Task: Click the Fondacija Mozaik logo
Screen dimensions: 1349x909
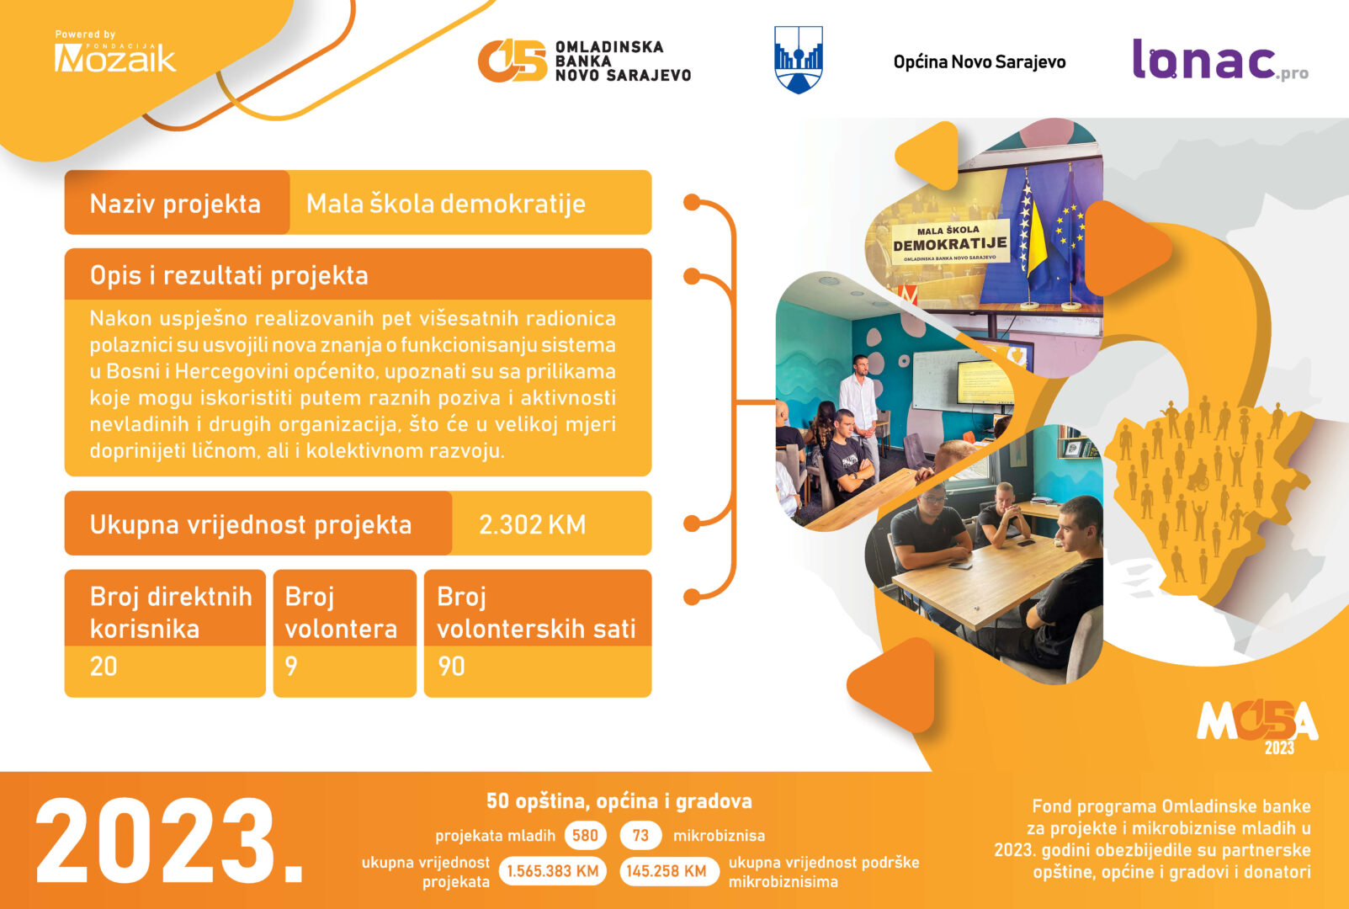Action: click(115, 52)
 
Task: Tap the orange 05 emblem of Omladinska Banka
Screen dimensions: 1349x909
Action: click(512, 61)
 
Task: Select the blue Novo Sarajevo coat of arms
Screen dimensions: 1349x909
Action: click(799, 60)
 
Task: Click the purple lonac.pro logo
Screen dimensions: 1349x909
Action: click(1220, 60)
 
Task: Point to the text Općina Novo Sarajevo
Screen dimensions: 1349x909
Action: click(980, 62)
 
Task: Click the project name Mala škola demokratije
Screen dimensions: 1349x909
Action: click(446, 204)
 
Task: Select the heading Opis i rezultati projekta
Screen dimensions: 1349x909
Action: click(229, 275)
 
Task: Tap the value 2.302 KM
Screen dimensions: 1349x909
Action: click(533, 524)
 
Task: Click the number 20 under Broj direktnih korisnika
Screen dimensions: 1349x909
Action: click(104, 667)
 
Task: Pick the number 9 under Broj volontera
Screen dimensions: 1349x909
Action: click(291, 667)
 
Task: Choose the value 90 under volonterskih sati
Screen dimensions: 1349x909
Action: click(451, 667)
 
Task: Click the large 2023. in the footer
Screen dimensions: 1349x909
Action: click(169, 841)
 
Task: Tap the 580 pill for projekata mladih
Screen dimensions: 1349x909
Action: click(585, 835)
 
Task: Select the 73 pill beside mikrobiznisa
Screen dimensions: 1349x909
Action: click(640, 835)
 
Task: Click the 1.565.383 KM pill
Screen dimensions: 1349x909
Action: click(552, 871)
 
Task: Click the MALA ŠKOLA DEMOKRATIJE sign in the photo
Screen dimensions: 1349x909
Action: click(950, 242)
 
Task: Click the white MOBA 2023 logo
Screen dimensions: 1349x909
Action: click(1258, 726)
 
